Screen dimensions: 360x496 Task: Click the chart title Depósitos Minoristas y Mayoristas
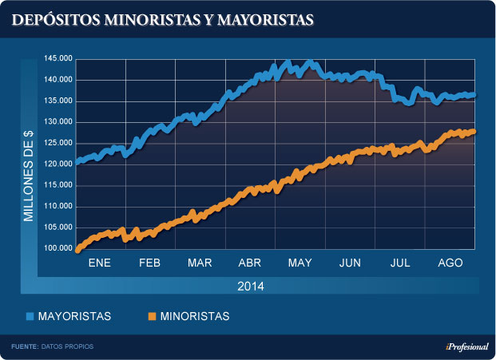(162, 19)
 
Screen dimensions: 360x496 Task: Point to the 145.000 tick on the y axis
(60, 59)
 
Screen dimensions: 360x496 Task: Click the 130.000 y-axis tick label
(60, 122)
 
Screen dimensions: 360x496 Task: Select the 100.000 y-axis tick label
(60, 248)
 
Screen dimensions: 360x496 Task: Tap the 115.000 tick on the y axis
(60, 185)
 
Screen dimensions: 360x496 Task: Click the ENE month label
(99, 263)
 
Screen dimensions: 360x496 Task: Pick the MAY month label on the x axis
(300, 263)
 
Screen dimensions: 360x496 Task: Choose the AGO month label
(450, 263)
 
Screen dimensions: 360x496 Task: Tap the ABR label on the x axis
(250, 263)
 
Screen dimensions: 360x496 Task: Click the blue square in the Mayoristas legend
(30, 317)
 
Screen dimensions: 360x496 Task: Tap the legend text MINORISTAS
(194, 317)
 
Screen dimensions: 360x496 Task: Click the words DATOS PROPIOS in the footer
(70, 346)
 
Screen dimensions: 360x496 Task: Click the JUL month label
(399, 263)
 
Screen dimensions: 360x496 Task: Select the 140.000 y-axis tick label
(60, 80)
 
